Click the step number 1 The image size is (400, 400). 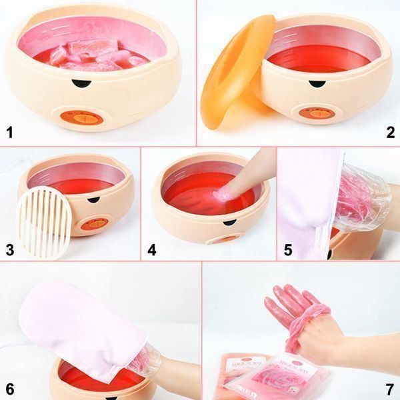tap(9, 132)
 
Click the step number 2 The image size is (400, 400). tap(390, 132)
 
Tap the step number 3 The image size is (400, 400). tap(9, 251)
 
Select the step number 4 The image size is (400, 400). tap(151, 251)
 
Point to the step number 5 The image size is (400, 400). tap(287, 251)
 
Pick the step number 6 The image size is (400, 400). tap(9, 388)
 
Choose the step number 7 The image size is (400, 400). tap(390, 388)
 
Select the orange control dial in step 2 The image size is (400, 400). tap(314, 113)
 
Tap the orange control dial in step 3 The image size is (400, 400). tap(87, 225)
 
